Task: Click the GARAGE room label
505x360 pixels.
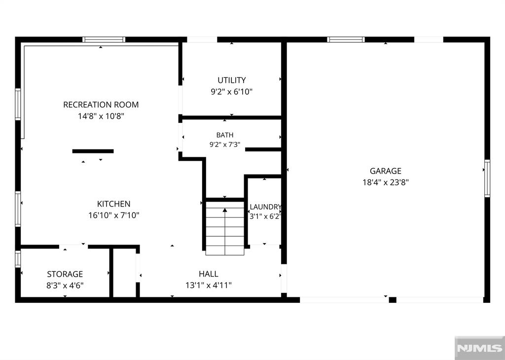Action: (x=386, y=171)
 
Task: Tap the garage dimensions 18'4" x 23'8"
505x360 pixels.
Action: (x=386, y=182)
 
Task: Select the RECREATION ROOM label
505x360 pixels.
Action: (x=101, y=105)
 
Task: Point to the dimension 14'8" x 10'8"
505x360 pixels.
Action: (x=101, y=116)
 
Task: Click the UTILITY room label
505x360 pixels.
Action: (x=232, y=80)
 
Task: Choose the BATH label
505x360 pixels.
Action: (x=225, y=135)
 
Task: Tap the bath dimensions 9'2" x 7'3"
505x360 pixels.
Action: (x=225, y=144)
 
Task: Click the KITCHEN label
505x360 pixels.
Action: (x=114, y=204)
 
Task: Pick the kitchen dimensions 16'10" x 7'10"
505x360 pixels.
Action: (x=114, y=216)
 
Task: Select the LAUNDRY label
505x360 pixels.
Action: (x=265, y=207)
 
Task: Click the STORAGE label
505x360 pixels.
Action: (x=65, y=274)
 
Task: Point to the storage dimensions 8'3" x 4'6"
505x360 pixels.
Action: (x=65, y=286)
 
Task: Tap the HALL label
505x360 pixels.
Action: (x=209, y=274)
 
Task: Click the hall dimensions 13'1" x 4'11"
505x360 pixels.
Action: (x=209, y=286)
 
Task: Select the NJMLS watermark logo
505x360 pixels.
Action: (x=479, y=348)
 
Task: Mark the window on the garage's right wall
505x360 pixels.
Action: (x=487, y=179)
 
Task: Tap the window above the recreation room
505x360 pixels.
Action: (x=104, y=39)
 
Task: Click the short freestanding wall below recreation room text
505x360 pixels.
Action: (x=93, y=151)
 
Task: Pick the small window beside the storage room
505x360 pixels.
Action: (x=18, y=259)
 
